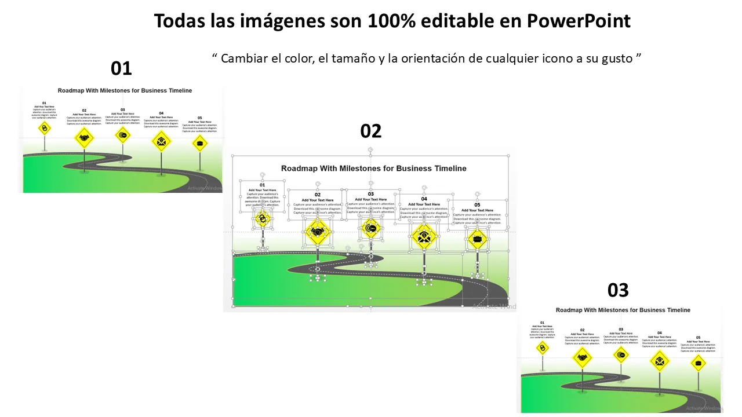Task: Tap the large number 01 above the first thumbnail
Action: [x=121, y=69]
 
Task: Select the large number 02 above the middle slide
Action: [x=371, y=131]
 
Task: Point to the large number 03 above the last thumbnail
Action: [x=618, y=290]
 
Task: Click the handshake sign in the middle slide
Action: [x=318, y=233]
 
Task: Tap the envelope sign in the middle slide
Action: [x=424, y=236]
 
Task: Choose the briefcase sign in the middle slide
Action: [x=477, y=238]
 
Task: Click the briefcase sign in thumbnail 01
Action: [x=200, y=143]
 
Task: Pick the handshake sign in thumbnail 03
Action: [x=582, y=357]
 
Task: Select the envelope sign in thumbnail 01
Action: [x=161, y=140]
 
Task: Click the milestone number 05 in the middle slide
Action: [x=477, y=205]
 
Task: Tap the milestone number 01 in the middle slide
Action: [x=262, y=185]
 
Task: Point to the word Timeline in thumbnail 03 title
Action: [x=675, y=310]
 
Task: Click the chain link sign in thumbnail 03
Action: [x=543, y=348]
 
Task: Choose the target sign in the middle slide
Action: [x=371, y=228]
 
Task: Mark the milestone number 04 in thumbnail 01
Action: [x=161, y=113]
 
